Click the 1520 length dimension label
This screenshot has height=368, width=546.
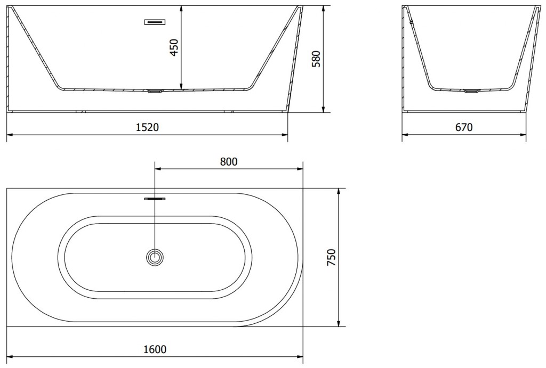pyautogui.click(x=147, y=127)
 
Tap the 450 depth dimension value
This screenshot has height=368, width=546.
pyautogui.click(x=174, y=47)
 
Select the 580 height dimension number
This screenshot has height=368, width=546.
pyautogui.click(x=316, y=59)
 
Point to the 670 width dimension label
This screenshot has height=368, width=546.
pyautogui.click(x=464, y=127)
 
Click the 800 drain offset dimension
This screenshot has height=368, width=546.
pyautogui.click(x=228, y=161)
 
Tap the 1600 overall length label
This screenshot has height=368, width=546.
pyautogui.click(x=155, y=349)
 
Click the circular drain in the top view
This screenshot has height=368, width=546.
pyautogui.click(x=155, y=257)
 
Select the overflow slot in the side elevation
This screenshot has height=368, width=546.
pyautogui.click(x=155, y=22)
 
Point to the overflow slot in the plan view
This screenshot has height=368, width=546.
pyautogui.click(x=155, y=199)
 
